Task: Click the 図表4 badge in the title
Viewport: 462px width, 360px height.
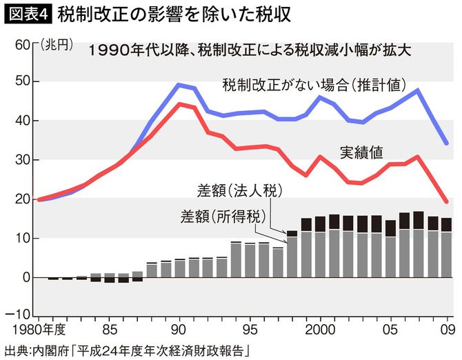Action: [x=28, y=13]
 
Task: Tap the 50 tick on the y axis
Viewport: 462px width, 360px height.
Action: [x=21, y=81]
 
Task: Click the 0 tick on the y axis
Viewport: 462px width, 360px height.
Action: [x=25, y=277]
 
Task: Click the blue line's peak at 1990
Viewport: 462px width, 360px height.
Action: [x=179, y=85]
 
